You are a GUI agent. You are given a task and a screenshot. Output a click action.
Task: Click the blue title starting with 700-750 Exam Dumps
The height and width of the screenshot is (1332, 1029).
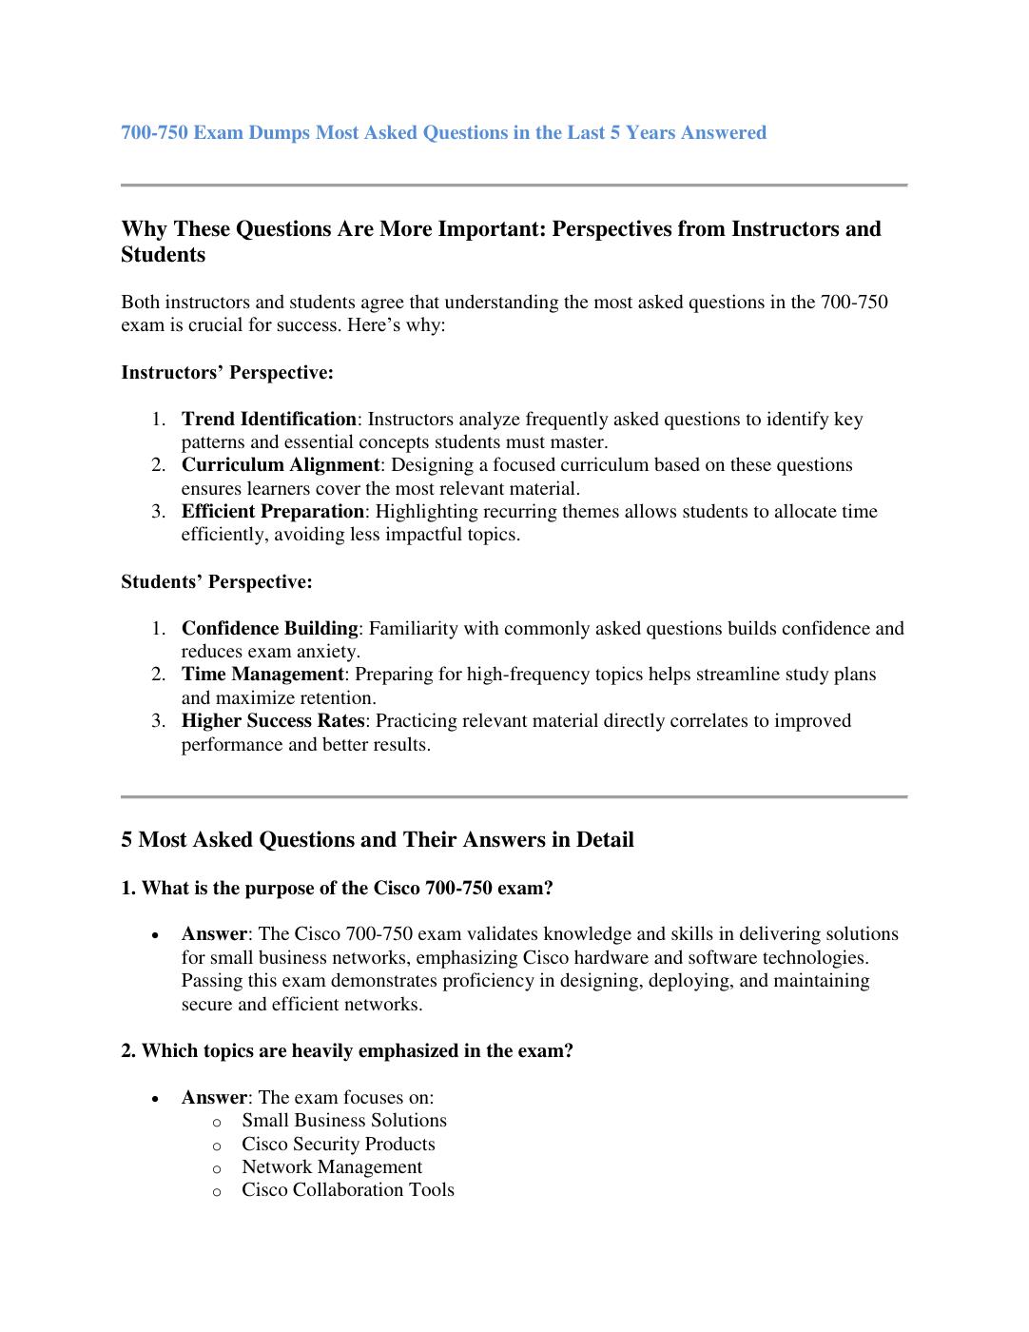443,133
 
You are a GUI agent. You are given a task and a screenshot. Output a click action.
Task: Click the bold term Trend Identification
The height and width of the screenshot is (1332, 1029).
268,420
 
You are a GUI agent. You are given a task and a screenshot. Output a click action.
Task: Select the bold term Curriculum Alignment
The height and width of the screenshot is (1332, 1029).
280,465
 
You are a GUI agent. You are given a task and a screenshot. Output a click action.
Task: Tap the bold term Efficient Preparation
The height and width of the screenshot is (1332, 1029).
272,512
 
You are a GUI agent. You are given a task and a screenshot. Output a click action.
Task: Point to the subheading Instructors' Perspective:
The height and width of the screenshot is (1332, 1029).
227,373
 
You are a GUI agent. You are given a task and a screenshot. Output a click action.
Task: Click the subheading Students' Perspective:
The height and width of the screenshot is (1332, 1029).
216,581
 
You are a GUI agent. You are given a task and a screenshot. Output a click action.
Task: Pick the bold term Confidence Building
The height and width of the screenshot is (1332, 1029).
269,629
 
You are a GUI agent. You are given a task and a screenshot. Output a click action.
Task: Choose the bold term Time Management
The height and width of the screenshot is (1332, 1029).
262,675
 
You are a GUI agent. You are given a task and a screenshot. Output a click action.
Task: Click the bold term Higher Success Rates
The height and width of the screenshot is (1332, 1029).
272,721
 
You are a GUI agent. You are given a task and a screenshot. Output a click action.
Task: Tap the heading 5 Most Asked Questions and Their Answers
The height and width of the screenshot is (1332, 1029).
377,840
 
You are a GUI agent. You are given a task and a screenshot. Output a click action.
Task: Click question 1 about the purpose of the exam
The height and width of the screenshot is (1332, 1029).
337,889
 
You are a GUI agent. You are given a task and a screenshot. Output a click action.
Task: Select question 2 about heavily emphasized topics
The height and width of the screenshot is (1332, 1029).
346,1051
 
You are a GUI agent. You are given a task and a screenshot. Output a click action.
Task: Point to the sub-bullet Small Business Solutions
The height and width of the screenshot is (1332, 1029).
343,1121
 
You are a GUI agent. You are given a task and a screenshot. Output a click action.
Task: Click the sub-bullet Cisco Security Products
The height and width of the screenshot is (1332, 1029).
338,1145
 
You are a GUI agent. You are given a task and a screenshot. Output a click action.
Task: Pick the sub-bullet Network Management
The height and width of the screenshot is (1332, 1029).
331,1167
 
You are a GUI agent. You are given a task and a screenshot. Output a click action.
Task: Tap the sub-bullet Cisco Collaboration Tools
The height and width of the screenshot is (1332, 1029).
347,1190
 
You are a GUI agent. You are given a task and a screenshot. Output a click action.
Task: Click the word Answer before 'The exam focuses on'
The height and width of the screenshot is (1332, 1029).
213,1098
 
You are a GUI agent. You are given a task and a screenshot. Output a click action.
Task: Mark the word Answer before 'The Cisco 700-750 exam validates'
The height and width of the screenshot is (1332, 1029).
213,934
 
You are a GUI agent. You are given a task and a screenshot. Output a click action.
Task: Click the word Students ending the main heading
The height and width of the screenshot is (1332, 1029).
163,255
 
